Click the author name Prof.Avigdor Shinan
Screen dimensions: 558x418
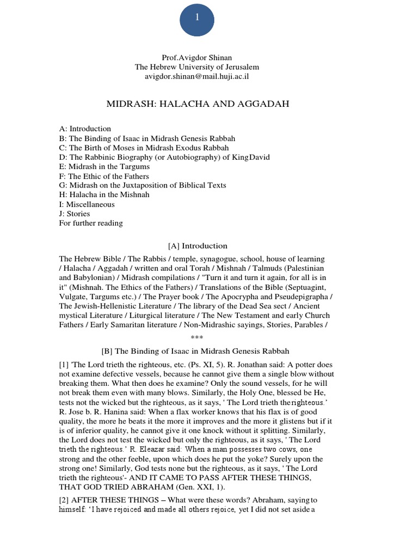pos(197,58)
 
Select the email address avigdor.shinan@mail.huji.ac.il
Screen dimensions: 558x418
pos(197,76)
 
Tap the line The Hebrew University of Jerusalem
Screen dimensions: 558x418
pos(197,67)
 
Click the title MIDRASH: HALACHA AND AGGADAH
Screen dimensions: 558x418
pos(197,104)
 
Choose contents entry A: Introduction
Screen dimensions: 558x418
pos(85,129)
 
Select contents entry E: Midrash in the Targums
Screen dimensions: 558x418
pos(104,167)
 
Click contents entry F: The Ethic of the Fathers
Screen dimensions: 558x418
pos(103,177)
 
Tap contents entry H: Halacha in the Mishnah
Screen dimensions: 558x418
pos(104,195)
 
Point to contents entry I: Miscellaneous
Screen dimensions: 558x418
pos(87,204)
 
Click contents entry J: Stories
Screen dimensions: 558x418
pos(75,214)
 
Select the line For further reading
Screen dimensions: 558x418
pos(91,223)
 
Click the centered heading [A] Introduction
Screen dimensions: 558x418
pos(197,246)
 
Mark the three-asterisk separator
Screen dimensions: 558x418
pos(197,338)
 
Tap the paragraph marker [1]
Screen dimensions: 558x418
pos(64,364)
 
